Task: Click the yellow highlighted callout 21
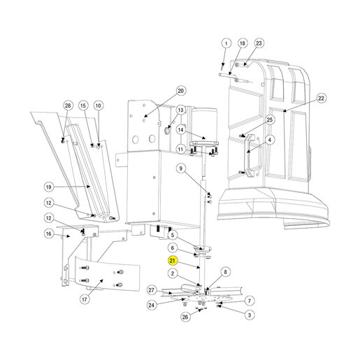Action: (172, 261)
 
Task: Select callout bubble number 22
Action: (321, 99)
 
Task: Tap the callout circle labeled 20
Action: (181, 91)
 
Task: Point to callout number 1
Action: (226, 43)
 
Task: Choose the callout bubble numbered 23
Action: (259, 43)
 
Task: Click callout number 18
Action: (243, 43)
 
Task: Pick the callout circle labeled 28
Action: (68, 106)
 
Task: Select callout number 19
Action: (48, 187)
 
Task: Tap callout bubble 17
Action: (85, 299)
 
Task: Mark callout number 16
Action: (48, 234)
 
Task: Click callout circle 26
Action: (185, 317)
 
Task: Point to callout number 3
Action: (250, 315)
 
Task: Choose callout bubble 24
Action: (152, 305)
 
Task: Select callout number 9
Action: (181, 168)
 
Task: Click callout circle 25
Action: (270, 120)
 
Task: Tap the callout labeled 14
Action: (181, 130)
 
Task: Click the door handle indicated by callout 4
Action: (249, 156)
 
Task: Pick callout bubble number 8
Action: (225, 272)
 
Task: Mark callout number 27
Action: (152, 290)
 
